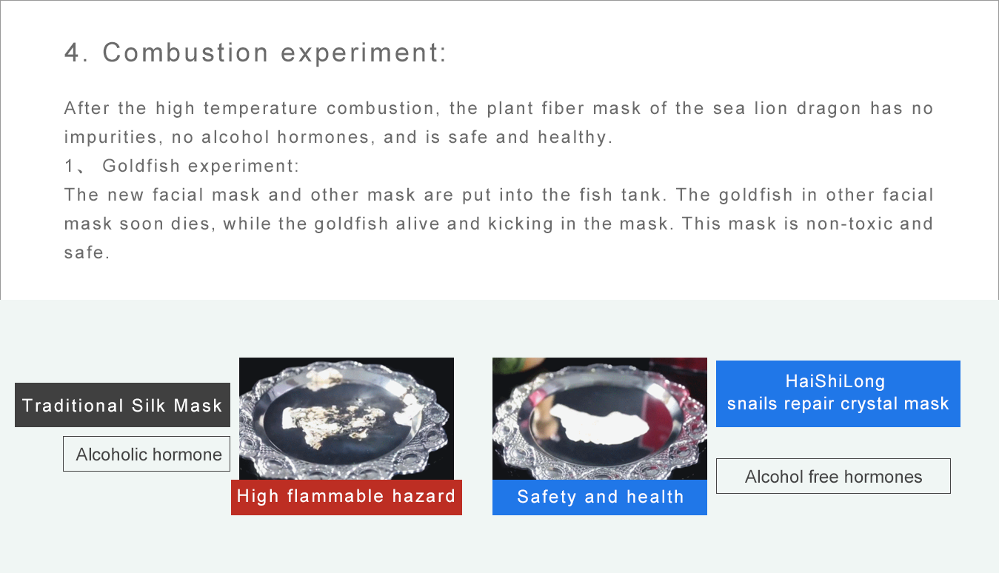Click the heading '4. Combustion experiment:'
pyautogui.click(x=255, y=53)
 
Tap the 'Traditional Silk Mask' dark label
pyautogui.click(x=123, y=405)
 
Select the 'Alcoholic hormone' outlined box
pyautogui.click(x=147, y=454)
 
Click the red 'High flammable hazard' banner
pyautogui.click(x=347, y=497)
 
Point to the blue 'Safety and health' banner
pyautogui.click(x=600, y=497)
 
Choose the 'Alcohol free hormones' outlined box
pyautogui.click(x=834, y=476)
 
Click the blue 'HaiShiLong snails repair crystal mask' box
pyautogui.click(x=838, y=394)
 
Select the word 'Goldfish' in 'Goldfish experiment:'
pyautogui.click(x=141, y=166)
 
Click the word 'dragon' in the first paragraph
pyautogui.click(x=829, y=108)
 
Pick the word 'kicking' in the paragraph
pyautogui.click(x=521, y=224)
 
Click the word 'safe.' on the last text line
pyautogui.click(x=87, y=252)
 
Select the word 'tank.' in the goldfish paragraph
pyautogui.click(x=644, y=195)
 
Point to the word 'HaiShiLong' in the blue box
pyautogui.click(x=835, y=381)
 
